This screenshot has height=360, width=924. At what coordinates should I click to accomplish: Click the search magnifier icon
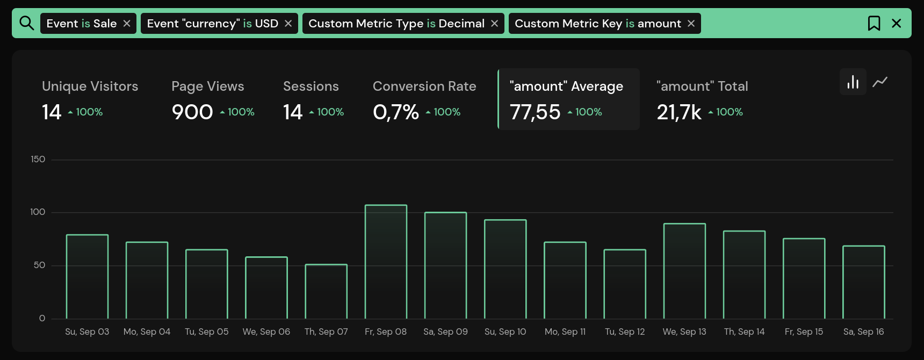coord(26,23)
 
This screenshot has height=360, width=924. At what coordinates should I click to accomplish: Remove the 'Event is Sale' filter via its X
coord(127,24)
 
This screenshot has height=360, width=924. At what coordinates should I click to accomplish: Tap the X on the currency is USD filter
coord(288,24)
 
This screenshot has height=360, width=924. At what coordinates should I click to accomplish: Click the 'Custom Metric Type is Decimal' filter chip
coord(396,24)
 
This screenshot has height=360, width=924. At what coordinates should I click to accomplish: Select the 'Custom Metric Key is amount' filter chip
coord(597,24)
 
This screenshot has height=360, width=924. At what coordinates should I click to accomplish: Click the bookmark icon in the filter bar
coord(874,23)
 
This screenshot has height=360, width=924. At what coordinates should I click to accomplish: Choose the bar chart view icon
coord(853,82)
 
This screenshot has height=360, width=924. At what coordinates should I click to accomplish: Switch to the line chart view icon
coord(880,82)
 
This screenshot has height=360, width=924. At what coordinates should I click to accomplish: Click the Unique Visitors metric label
coord(90,87)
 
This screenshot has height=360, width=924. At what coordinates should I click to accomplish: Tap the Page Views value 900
coord(192,112)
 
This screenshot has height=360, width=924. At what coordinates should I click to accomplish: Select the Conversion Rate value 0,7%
coord(395,112)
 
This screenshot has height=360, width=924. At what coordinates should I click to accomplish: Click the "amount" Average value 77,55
coord(535,112)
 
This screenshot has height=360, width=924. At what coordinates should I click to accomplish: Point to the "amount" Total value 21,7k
coord(679,112)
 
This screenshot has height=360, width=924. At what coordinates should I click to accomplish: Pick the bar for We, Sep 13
coord(684,271)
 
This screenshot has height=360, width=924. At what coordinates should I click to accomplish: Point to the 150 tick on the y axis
coord(38,160)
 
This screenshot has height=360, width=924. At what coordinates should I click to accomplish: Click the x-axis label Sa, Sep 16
coord(863,332)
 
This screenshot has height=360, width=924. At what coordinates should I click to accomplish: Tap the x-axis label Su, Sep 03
coord(87,332)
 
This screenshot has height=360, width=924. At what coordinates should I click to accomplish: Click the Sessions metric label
coord(311,87)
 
